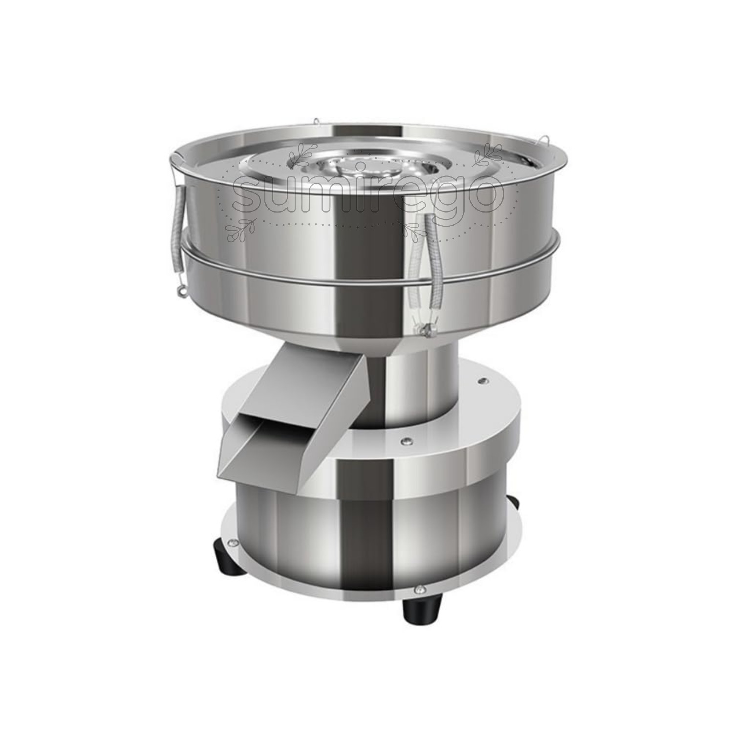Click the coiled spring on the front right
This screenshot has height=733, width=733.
(424, 266)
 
